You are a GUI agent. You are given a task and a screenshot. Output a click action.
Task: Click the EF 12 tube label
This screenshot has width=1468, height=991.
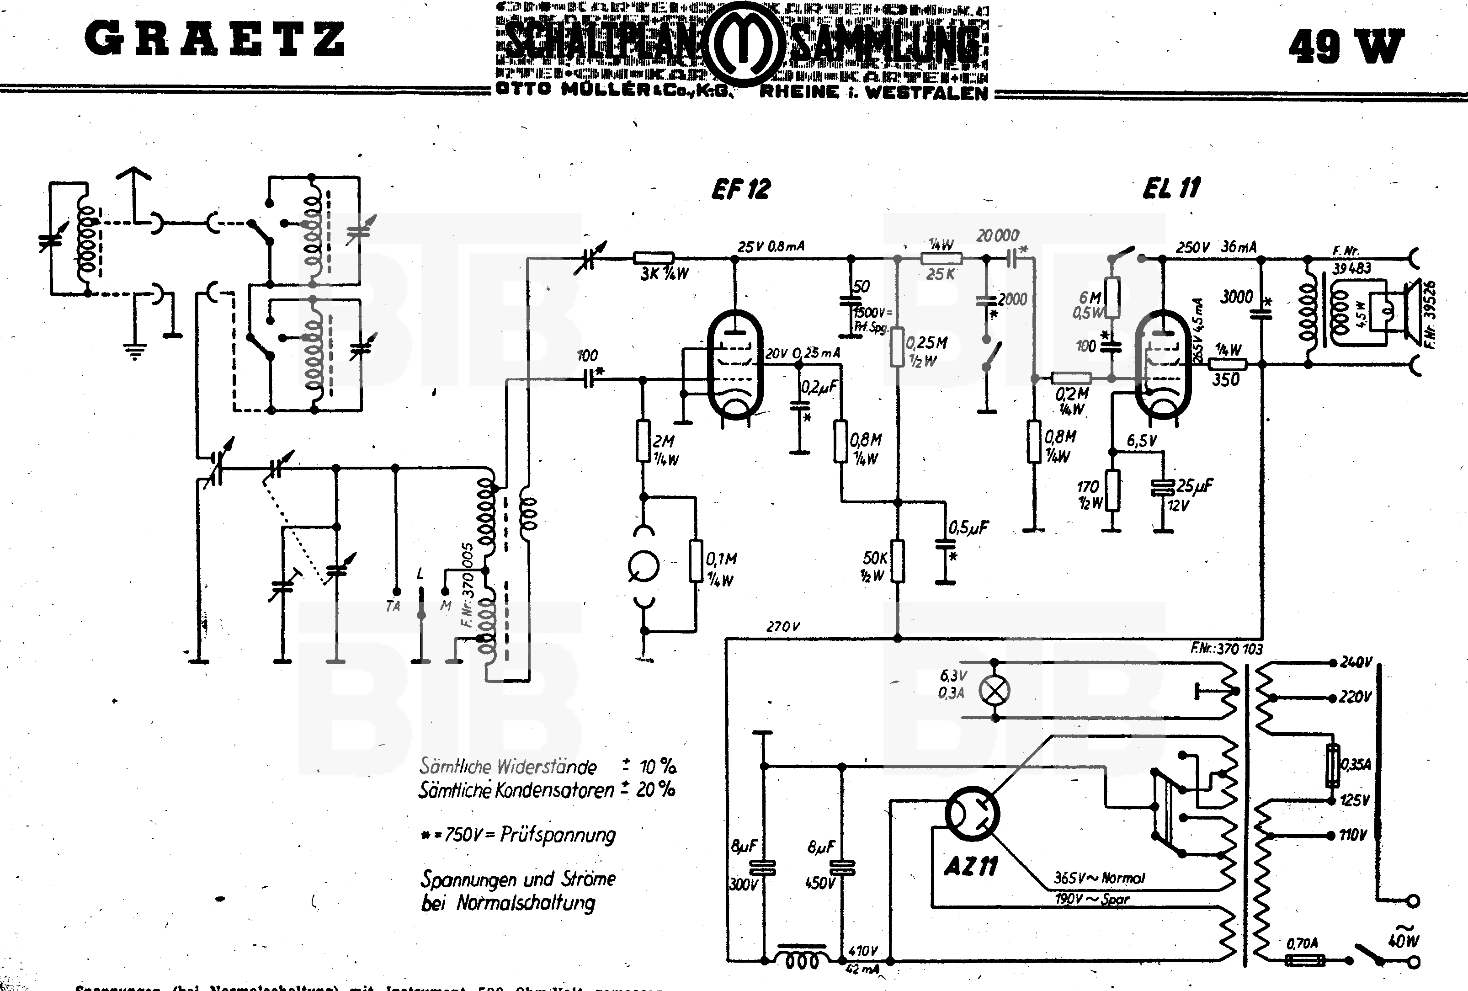coord(741,189)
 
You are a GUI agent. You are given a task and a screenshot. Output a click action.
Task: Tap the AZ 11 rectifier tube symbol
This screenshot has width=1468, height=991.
coord(972,814)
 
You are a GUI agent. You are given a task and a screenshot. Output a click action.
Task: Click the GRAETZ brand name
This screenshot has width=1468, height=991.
coord(215,39)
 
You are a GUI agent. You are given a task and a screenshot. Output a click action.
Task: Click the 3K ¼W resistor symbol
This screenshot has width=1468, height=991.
coord(653,258)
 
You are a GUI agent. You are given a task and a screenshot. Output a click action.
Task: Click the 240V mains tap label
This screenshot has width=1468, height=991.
coord(1355,662)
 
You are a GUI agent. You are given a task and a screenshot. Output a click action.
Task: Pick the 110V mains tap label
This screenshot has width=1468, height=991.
coord(1352,835)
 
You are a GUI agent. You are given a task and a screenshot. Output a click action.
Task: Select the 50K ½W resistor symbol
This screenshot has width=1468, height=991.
coord(898,561)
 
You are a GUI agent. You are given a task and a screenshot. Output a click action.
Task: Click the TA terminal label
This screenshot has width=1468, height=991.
coord(393,607)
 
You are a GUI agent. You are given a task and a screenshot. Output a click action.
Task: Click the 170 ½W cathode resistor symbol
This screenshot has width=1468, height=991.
coord(1113,490)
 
